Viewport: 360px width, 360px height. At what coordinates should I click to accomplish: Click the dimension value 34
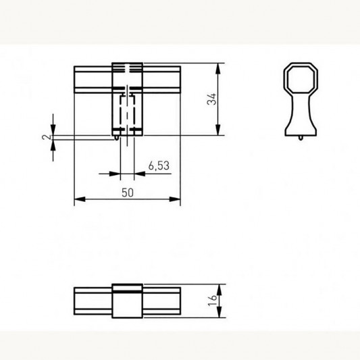(211, 99)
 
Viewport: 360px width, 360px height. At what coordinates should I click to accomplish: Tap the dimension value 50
(128, 192)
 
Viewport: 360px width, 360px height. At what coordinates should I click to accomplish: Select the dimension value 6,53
(159, 165)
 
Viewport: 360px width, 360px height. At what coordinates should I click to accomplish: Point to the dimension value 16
(212, 301)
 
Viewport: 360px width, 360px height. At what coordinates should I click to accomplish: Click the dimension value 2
(46, 137)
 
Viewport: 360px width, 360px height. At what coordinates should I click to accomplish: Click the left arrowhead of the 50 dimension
(80, 199)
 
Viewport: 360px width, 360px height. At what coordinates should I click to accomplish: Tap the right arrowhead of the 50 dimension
(175, 199)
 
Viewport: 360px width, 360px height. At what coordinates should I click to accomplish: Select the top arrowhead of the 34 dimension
(218, 68)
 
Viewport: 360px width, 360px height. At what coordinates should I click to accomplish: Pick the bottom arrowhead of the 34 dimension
(218, 130)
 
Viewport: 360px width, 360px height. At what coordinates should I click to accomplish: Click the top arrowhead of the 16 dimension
(220, 290)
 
